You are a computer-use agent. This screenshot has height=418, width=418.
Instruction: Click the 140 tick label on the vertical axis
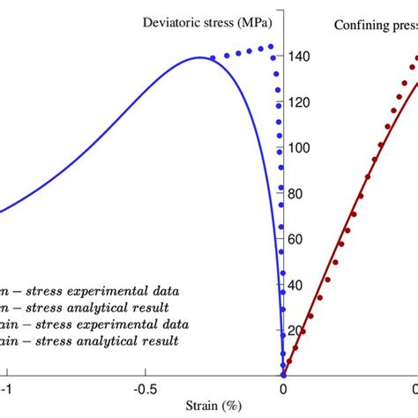(x=302, y=57)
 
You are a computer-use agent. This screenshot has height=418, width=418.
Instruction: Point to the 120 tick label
(x=302, y=103)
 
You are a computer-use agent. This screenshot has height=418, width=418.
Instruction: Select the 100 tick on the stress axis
(x=302, y=148)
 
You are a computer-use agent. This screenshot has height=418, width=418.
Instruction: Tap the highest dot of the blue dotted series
(x=271, y=47)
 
